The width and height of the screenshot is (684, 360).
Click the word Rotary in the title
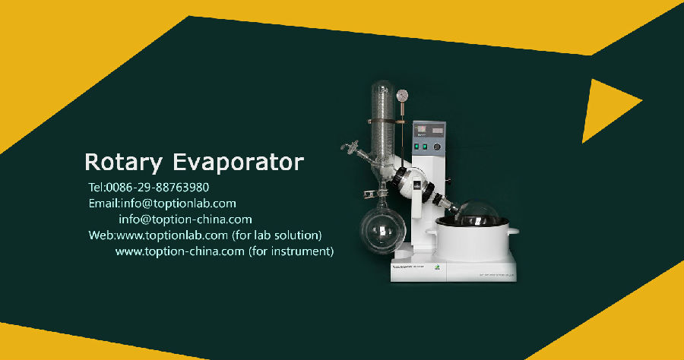pyautogui.click(x=123, y=163)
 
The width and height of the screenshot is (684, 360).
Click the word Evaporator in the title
pyautogui.click(x=238, y=163)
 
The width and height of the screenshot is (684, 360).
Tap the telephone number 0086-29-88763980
pyautogui.click(x=157, y=188)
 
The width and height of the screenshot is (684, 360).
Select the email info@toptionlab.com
pyautogui.click(x=179, y=204)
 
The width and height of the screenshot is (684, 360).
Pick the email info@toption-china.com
pyautogui.click(x=185, y=219)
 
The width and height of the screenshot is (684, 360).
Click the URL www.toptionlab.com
pyautogui.click(x=172, y=235)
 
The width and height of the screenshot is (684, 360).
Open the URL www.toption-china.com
pyautogui.click(x=179, y=251)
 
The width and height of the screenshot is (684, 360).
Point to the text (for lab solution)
pyautogui.click(x=277, y=235)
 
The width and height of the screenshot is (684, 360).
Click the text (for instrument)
pyautogui.click(x=291, y=251)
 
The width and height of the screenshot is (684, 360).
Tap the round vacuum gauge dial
pyautogui.click(x=402, y=95)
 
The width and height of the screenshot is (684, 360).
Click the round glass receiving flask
pyautogui.click(x=382, y=231)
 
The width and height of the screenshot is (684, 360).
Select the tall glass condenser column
pyautogui.click(x=382, y=122)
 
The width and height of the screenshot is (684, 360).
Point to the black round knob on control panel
pyautogui.click(x=437, y=147)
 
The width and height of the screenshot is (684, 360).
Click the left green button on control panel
pyautogui.click(x=416, y=147)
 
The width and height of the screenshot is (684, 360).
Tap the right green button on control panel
pyautogui.click(x=424, y=147)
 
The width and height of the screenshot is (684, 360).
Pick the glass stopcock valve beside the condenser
pyautogui.click(x=350, y=147)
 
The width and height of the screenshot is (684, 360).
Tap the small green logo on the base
pyautogui.click(x=438, y=267)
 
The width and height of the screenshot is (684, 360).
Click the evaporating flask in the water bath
pyautogui.click(x=477, y=213)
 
